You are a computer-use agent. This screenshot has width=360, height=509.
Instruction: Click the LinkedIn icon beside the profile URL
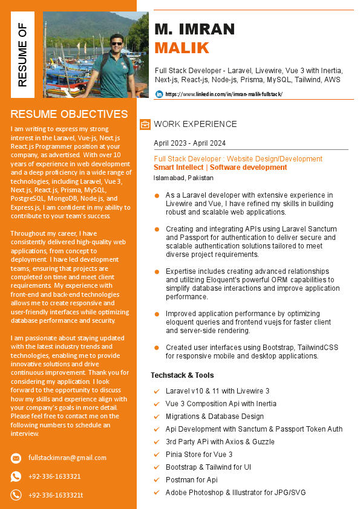pos(159,94)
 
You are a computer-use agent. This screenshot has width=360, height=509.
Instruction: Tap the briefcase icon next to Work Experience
pos(145,125)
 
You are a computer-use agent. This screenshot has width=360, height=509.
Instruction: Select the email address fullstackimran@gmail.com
pos(67,458)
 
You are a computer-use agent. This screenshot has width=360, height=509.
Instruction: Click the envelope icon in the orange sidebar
pos(16,458)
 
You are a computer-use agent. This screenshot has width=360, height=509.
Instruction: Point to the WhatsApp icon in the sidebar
pos(16,476)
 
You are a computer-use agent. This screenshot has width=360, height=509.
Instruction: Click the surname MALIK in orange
pos(182,48)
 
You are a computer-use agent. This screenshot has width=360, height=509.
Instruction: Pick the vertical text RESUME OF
pos(22,54)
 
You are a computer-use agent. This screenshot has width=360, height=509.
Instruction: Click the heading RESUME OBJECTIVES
pos(69,114)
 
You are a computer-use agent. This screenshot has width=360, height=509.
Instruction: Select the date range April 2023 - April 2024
pos(189,143)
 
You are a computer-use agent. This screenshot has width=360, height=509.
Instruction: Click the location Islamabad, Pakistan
pos(183,178)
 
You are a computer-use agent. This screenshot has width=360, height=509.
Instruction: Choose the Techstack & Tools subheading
pos(182,375)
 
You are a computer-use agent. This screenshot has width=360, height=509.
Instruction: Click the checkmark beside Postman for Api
pos(157,480)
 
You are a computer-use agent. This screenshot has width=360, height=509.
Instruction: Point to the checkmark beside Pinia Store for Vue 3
pos(157,455)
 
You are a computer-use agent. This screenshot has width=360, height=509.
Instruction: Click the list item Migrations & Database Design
pos(214,417)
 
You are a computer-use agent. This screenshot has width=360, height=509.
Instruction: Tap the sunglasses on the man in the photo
pos(116,43)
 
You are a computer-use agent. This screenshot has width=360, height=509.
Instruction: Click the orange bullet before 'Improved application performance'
pos(157,314)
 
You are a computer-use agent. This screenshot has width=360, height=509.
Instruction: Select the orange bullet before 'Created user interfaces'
pos(157,348)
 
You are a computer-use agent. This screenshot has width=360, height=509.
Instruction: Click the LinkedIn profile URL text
pos(223,94)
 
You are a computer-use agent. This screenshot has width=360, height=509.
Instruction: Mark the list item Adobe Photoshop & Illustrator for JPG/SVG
pos(235,493)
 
